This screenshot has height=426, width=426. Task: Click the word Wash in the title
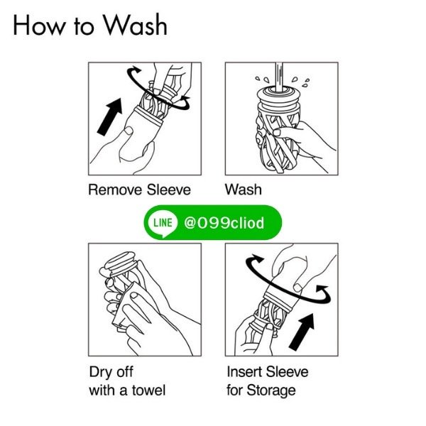[136, 26]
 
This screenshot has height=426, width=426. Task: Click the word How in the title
[39, 26]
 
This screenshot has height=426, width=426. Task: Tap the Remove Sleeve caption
[140, 190]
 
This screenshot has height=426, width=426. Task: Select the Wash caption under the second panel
[244, 190]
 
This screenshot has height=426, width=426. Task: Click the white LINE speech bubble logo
[163, 224]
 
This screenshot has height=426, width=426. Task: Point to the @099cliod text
[224, 223]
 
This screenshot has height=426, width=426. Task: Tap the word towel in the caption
[149, 390]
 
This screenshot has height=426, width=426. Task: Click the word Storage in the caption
[271, 391]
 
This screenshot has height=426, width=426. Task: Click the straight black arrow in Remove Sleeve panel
[110, 117]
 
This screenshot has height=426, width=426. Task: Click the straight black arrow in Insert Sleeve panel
[302, 332]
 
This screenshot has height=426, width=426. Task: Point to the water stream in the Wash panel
[279, 77]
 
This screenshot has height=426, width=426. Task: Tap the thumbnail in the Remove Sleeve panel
[128, 131]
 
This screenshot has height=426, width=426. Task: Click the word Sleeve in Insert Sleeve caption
[288, 371]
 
